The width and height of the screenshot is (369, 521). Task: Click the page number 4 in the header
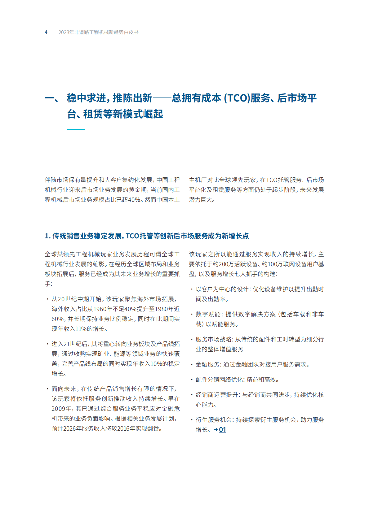46,32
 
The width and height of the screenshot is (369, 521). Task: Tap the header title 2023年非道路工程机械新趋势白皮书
98,32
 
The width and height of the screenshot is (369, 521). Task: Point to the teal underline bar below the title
76,129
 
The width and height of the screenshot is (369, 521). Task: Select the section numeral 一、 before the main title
52,98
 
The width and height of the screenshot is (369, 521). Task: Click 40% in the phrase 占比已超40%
134,200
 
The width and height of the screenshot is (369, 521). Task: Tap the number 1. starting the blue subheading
47,236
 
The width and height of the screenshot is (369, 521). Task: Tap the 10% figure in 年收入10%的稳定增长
156,364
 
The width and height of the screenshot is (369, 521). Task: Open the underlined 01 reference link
222,430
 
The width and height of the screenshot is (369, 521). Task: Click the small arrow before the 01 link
216,430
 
